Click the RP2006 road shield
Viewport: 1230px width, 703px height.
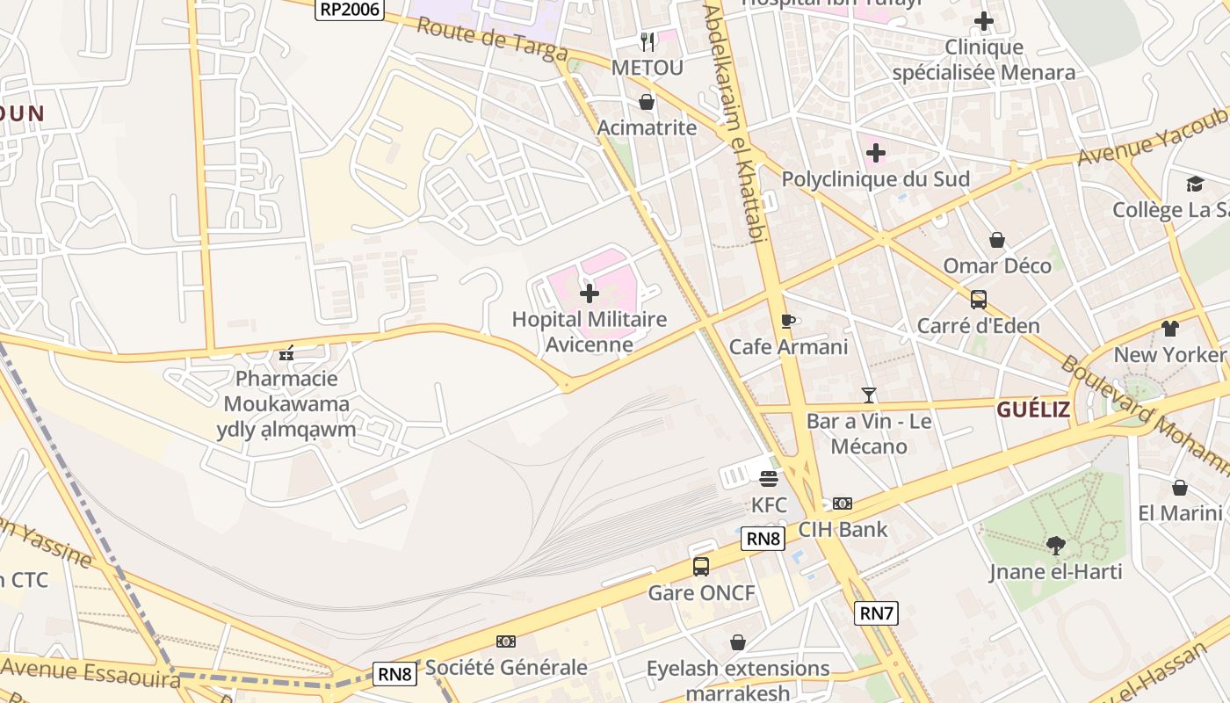click(x=350, y=9)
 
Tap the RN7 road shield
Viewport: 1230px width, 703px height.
click(x=876, y=613)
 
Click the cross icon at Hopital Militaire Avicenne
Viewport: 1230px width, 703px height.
click(x=590, y=293)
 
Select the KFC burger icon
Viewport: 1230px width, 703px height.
click(x=769, y=480)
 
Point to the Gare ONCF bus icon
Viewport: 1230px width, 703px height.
click(x=700, y=567)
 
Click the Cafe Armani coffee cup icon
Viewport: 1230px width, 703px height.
click(x=788, y=321)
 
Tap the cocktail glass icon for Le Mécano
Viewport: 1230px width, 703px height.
click(x=868, y=395)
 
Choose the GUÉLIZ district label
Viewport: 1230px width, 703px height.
click(x=1032, y=409)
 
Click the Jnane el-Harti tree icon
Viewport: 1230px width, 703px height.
click(x=1055, y=546)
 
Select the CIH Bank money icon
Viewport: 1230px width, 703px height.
click(x=843, y=504)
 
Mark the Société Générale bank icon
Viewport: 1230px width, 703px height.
click(x=506, y=641)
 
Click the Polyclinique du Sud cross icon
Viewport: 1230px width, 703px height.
click(x=875, y=154)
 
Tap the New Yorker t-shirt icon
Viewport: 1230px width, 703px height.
click(x=1169, y=329)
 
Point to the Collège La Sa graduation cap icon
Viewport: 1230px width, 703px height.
click(x=1195, y=184)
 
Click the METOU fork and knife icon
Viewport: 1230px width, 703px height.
click(x=648, y=41)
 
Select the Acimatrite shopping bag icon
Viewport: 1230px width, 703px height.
click(x=647, y=102)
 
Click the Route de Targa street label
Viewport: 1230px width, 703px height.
click(x=492, y=40)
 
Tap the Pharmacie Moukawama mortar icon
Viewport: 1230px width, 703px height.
click(x=286, y=353)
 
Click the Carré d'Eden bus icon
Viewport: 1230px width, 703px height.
click(x=978, y=300)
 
